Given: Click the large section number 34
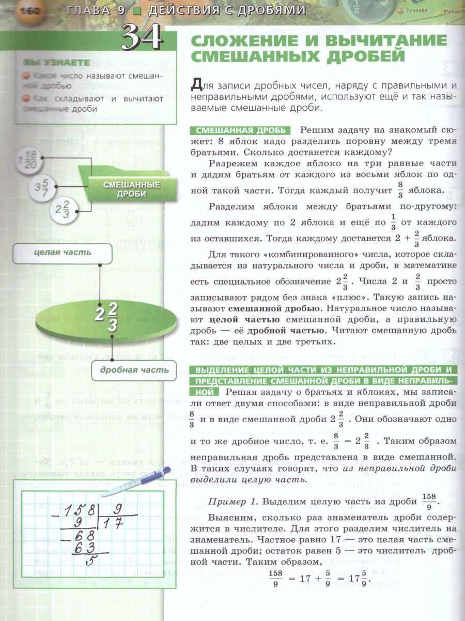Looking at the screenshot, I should [142, 38].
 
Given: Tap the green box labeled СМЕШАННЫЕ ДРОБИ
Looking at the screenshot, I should [124, 189].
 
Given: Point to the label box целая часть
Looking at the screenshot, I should [63, 253].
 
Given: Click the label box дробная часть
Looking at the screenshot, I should [134, 369].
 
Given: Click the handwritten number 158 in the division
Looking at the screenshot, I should [78, 509].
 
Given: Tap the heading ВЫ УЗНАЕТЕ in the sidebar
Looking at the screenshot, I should [57, 63].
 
